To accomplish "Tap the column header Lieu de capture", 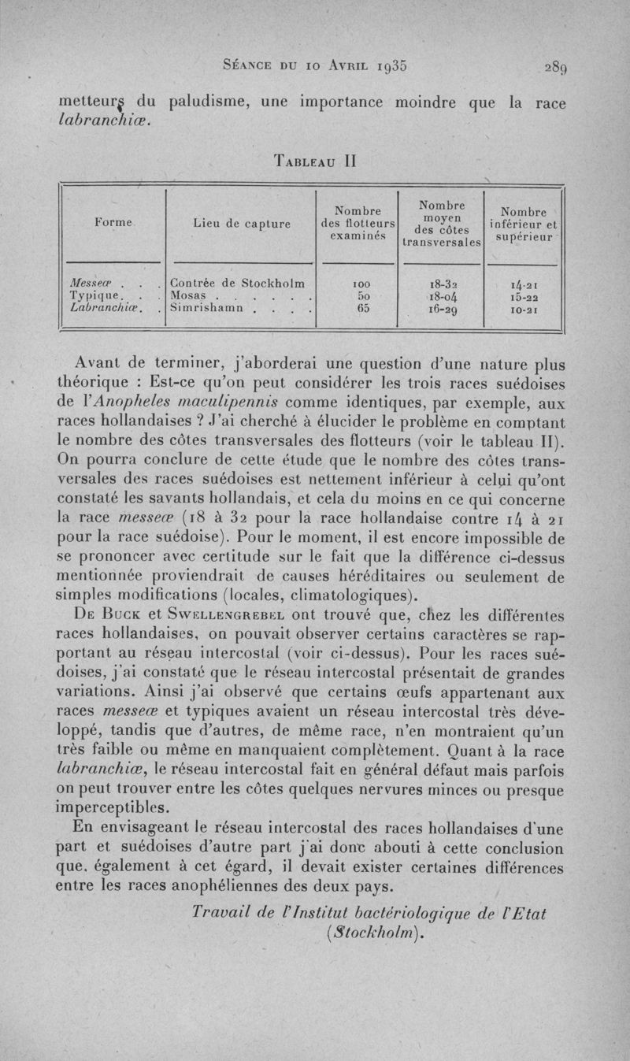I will pyautogui.click(x=241, y=224).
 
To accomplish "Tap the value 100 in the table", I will pyautogui.click(x=358, y=282).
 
